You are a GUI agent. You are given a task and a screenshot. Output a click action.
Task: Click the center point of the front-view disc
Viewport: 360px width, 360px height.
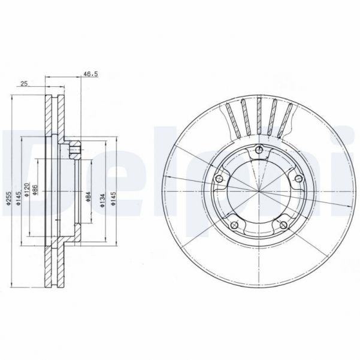tap(258, 192)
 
